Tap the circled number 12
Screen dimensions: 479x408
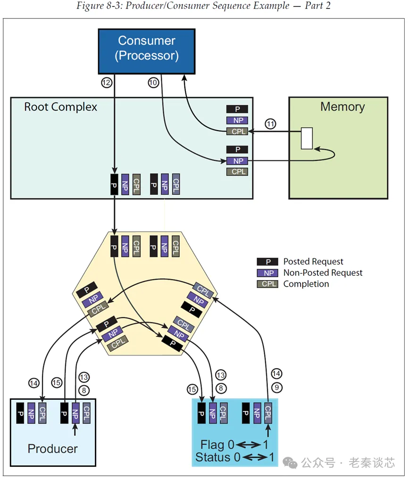(106, 83)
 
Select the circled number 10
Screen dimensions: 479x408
(153, 83)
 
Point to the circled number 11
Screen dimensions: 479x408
(270, 124)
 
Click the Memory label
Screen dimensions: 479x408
(342, 107)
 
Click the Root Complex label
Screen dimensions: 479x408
(60, 107)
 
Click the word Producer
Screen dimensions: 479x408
(52, 448)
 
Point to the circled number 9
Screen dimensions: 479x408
(276, 388)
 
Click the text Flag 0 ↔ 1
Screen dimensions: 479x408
(233, 445)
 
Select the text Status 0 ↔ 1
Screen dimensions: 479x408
(233, 457)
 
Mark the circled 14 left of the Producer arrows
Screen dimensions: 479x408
(33, 383)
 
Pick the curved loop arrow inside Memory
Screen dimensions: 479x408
(330, 153)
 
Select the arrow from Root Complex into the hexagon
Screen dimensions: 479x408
(114, 215)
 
